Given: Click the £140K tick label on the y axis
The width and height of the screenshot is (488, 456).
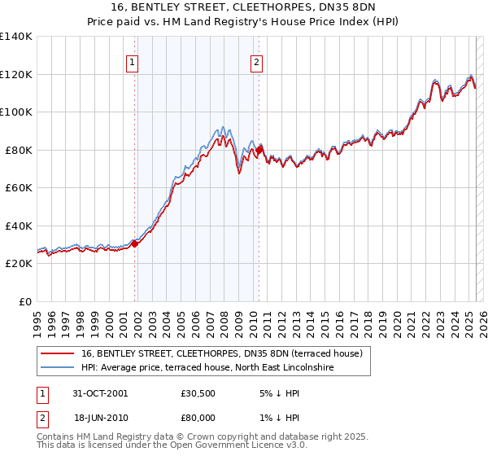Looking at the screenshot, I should click(x=16, y=37).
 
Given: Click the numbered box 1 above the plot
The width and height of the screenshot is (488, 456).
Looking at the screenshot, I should click(x=132, y=61).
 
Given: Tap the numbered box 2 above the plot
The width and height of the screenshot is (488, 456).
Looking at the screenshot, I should click(x=256, y=61).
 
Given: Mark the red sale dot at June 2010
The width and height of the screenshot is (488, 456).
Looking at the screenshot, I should click(x=259, y=151).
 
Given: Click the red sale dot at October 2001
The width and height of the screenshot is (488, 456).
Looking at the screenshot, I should click(x=135, y=244).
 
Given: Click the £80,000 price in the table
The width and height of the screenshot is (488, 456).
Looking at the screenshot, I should click(x=198, y=417).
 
